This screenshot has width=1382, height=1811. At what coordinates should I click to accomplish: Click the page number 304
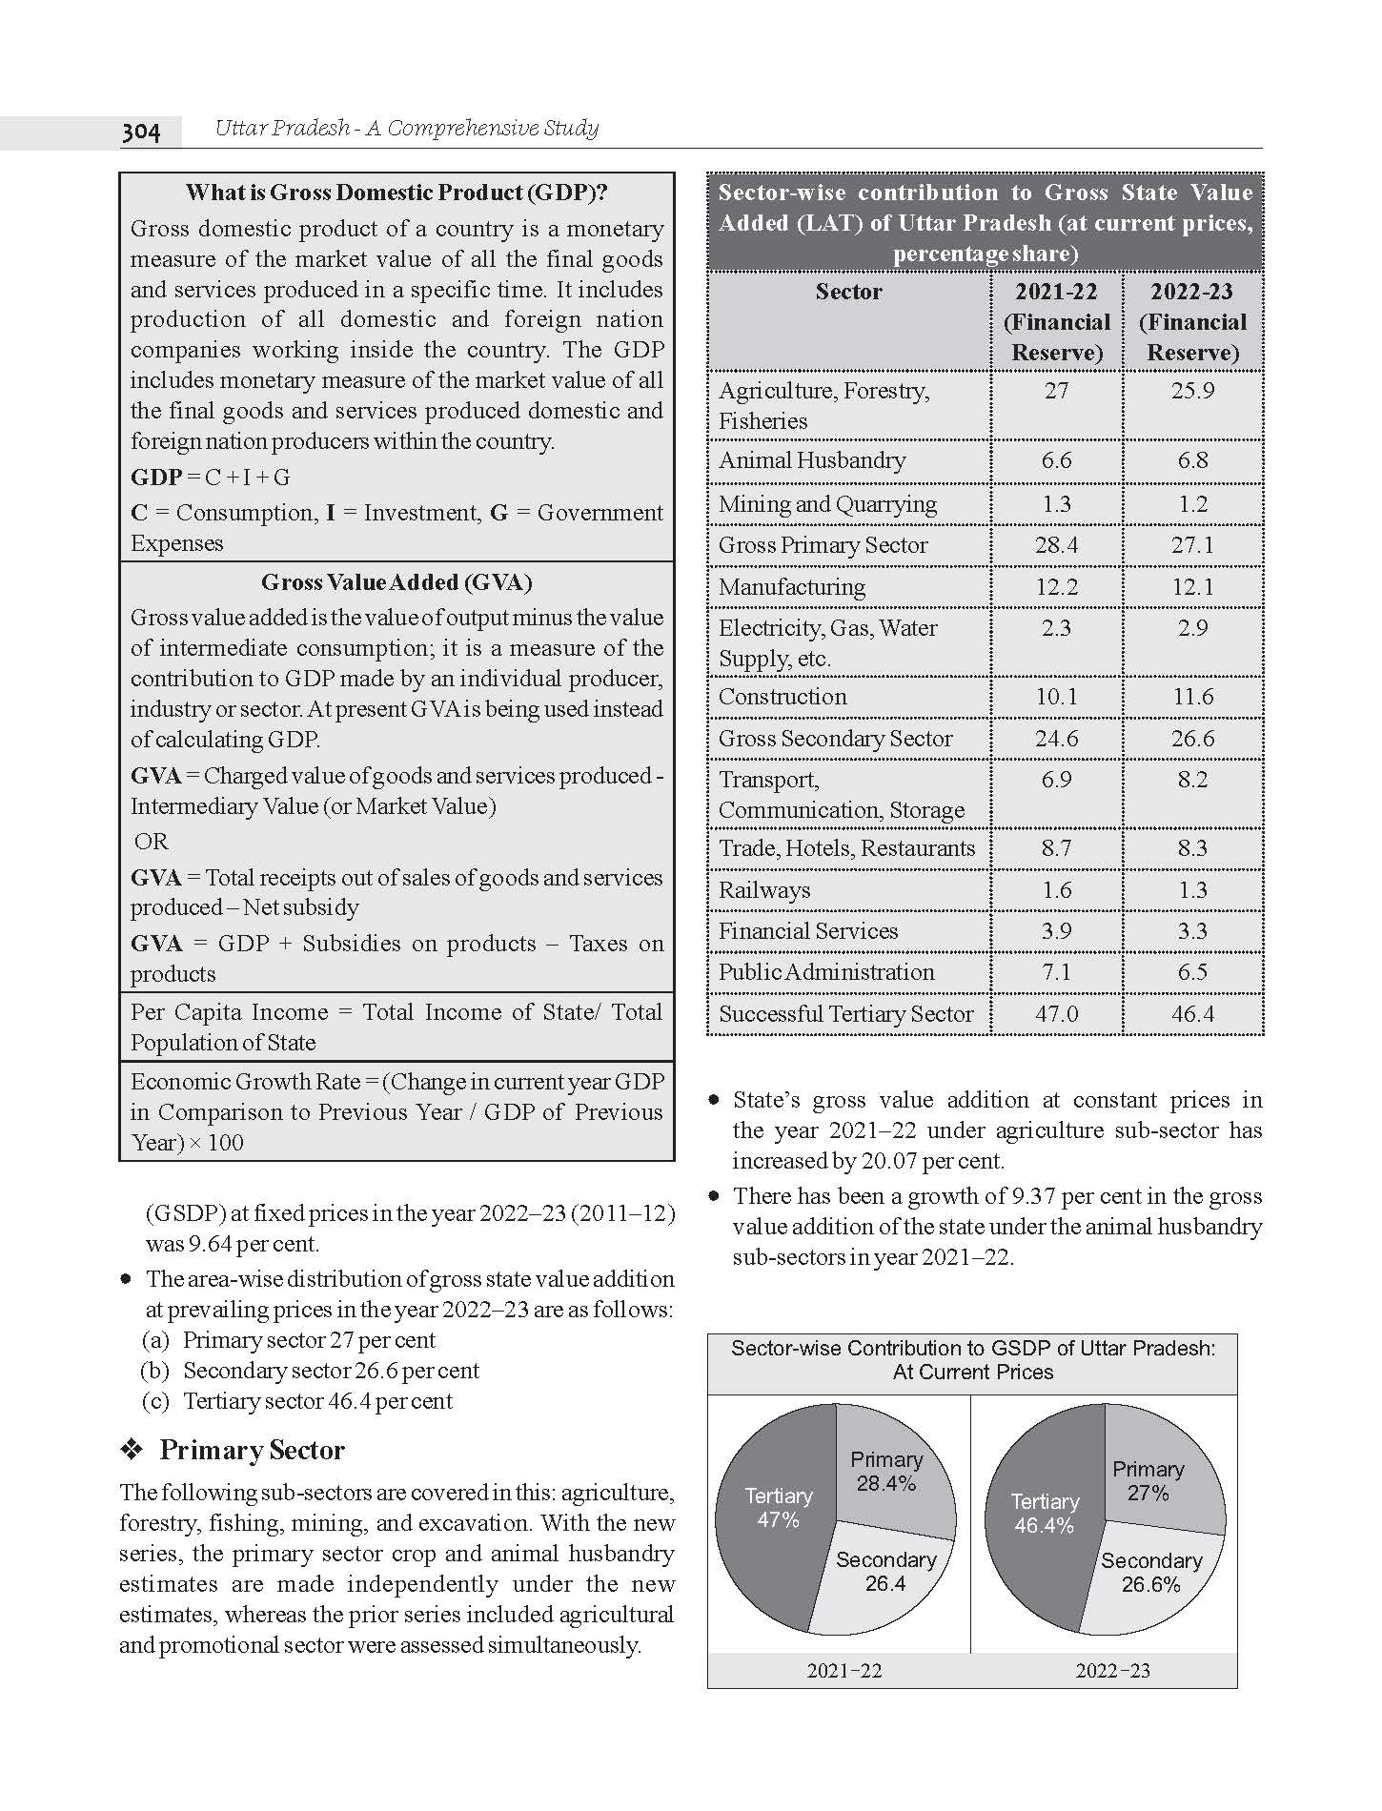coord(141,131)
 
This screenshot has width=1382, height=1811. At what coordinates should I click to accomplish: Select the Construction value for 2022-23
coord(1192,697)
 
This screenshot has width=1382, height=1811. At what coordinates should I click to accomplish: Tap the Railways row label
coord(764,890)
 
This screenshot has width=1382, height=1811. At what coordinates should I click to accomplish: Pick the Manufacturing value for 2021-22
coord(1056,587)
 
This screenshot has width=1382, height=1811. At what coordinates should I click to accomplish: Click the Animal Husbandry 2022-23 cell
coord(1192,460)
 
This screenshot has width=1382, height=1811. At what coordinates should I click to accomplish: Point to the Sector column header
coord(848,292)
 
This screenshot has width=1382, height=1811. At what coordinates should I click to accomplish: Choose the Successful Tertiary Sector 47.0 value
coord(1056,1014)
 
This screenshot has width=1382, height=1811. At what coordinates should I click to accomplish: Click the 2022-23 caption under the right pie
coord(1112,1670)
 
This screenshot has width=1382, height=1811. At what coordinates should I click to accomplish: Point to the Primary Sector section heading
coord(252,1450)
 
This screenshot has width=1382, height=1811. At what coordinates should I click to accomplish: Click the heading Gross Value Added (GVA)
coord(396,582)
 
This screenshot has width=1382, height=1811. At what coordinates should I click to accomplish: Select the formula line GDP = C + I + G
coord(211,478)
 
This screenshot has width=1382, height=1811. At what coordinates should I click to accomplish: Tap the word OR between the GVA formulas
coord(152,842)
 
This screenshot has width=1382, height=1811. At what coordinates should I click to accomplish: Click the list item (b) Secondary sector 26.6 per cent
coord(311,1371)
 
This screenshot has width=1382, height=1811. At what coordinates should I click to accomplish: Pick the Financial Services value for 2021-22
coord(1056,931)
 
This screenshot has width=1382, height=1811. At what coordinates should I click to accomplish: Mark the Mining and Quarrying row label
coord(827,504)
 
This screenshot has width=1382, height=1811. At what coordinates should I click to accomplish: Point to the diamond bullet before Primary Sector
coord(132,1451)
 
